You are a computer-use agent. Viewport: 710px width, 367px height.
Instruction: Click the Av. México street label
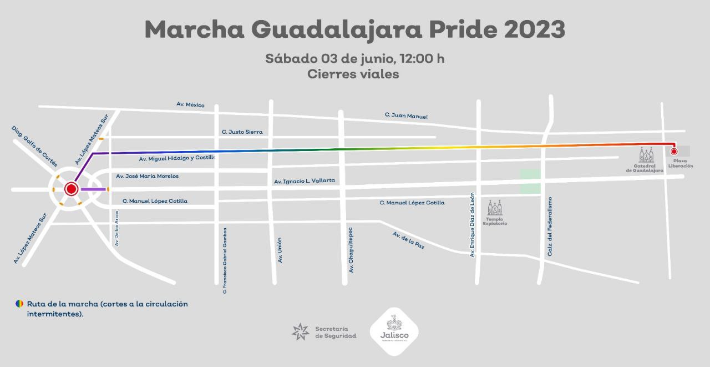(x=190, y=104)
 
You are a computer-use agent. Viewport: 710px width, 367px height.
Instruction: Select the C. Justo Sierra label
(x=242, y=132)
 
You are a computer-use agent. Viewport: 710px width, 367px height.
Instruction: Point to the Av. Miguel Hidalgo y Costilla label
(x=176, y=159)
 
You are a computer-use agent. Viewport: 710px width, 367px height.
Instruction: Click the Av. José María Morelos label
(x=147, y=176)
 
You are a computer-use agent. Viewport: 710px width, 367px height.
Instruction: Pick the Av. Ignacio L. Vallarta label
(x=305, y=181)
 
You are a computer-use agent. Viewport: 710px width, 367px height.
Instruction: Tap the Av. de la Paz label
(x=408, y=240)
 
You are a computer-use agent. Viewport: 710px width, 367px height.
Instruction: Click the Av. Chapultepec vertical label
(x=351, y=249)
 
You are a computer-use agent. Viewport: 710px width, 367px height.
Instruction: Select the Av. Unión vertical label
(x=280, y=250)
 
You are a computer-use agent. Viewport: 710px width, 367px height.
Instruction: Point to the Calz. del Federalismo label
(x=550, y=227)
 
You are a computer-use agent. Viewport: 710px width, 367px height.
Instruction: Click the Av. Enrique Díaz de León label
(x=473, y=224)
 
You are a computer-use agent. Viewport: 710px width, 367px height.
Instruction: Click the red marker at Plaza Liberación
(x=674, y=151)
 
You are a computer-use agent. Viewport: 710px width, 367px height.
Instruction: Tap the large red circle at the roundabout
(x=71, y=189)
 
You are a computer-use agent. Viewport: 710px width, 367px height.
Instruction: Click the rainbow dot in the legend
(x=19, y=304)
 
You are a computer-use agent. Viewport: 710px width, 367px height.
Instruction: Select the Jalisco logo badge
(x=394, y=332)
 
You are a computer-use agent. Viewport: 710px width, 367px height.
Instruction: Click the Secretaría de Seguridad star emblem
(x=300, y=331)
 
